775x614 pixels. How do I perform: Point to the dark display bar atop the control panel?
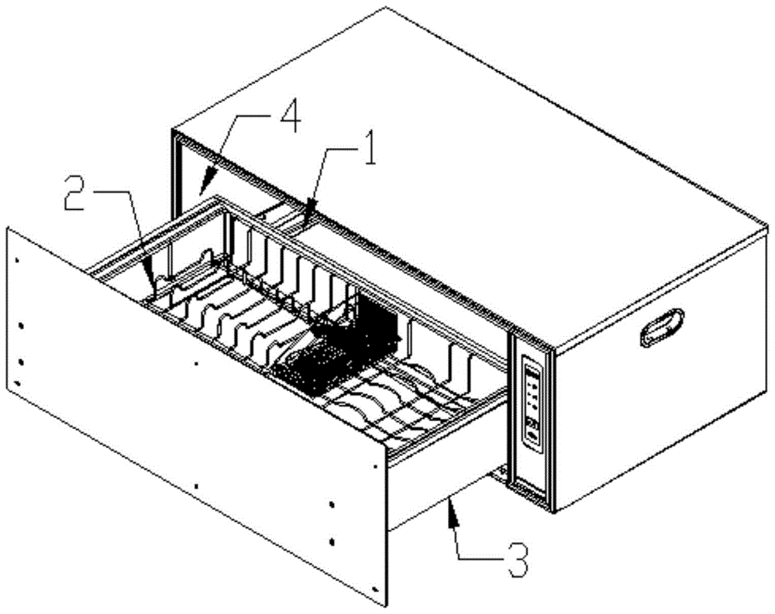coord(532,370)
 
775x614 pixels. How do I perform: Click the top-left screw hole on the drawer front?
coord(17,260)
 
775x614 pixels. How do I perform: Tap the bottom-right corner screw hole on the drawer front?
coord(374,589)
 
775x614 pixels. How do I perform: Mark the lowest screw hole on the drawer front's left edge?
coord(19,382)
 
